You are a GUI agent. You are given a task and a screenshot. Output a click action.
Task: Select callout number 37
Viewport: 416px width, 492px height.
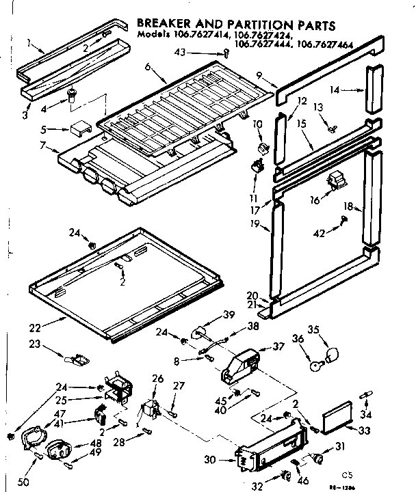(278, 346)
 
